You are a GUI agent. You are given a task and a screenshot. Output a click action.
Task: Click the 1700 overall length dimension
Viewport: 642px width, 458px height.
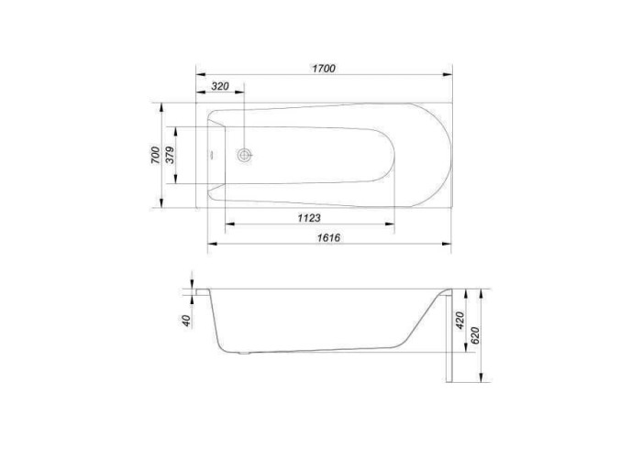tap(324, 69)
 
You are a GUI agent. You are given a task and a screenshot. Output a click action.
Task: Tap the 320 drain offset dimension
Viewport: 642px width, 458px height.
tap(220, 86)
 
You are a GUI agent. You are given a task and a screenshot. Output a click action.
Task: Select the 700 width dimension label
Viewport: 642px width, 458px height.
tap(155, 156)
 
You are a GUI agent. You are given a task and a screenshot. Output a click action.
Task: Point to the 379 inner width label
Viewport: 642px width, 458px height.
tap(170, 155)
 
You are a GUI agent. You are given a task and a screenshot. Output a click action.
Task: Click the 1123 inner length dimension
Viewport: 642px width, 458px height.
tap(309, 218)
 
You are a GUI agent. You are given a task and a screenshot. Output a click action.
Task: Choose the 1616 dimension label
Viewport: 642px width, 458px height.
tap(328, 237)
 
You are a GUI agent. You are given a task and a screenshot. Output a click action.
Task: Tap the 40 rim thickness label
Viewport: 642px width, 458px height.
tap(186, 321)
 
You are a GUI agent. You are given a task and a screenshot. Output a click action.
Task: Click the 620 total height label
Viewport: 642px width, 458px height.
tap(475, 336)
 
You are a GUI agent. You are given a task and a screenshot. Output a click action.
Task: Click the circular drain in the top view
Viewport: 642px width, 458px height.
tap(245, 156)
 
